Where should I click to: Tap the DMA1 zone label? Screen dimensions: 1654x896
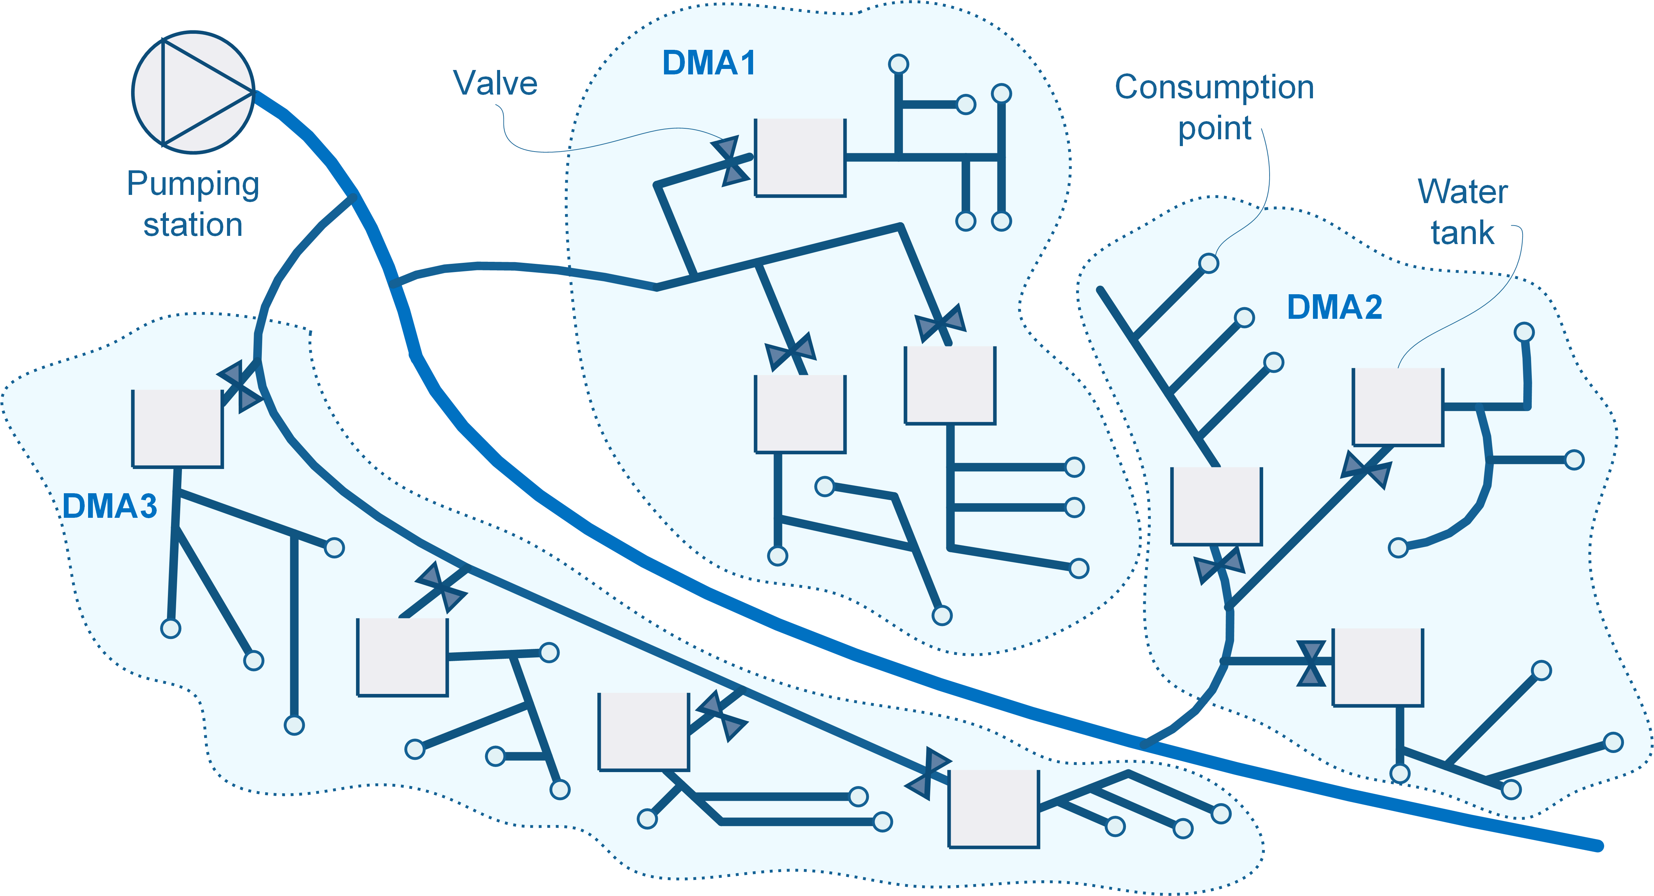(709, 63)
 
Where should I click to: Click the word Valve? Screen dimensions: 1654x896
(495, 83)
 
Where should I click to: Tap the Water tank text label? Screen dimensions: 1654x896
(1463, 212)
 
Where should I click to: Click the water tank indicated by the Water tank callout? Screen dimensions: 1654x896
(1398, 407)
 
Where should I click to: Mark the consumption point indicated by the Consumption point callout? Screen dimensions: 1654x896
(1209, 263)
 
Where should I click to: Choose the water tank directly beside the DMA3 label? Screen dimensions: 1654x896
(177, 429)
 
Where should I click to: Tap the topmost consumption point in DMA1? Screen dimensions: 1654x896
(898, 64)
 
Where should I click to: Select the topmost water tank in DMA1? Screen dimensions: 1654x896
(800, 157)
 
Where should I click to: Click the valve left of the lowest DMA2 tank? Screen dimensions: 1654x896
(1311, 663)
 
